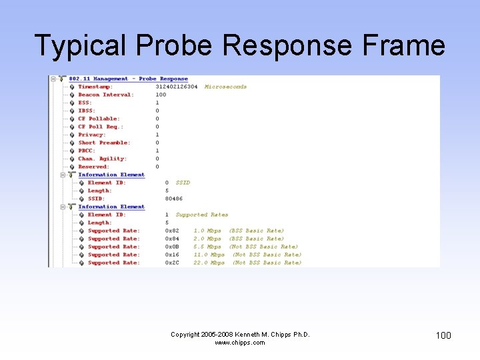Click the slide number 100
pyautogui.click(x=443, y=335)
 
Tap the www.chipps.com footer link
pyautogui.click(x=240, y=343)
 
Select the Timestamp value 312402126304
pyautogui.click(x=177, y=87)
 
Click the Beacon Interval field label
pyautogui.click(x=106, y=95)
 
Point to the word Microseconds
pyautogui.click(x=225, y=87)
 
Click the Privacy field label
pyautogui.click(x=92, y=135)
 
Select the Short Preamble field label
pyautogui.click(x=104, y=143)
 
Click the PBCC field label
pyautogui.click(x=87, y=151)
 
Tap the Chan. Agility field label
pyautogui.click(x=101, y=159)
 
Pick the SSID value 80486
pyautogui.click(x=174, y=199)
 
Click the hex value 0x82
pyautogui.click(x=172, y=231)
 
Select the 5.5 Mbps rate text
pyautogui.click(x=207, y=247)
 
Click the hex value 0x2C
pyautogui.click(x=172, y=263)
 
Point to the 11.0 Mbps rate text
pyautogui.click(x=209, y=255)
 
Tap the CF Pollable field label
pyautogui.click(x=99, y=119)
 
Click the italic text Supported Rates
pyautogui.click(x=202, y=215)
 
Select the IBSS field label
pyautogui.click(x=87, y=111)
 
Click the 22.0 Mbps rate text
pyautogui.click(x=209, y=263)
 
